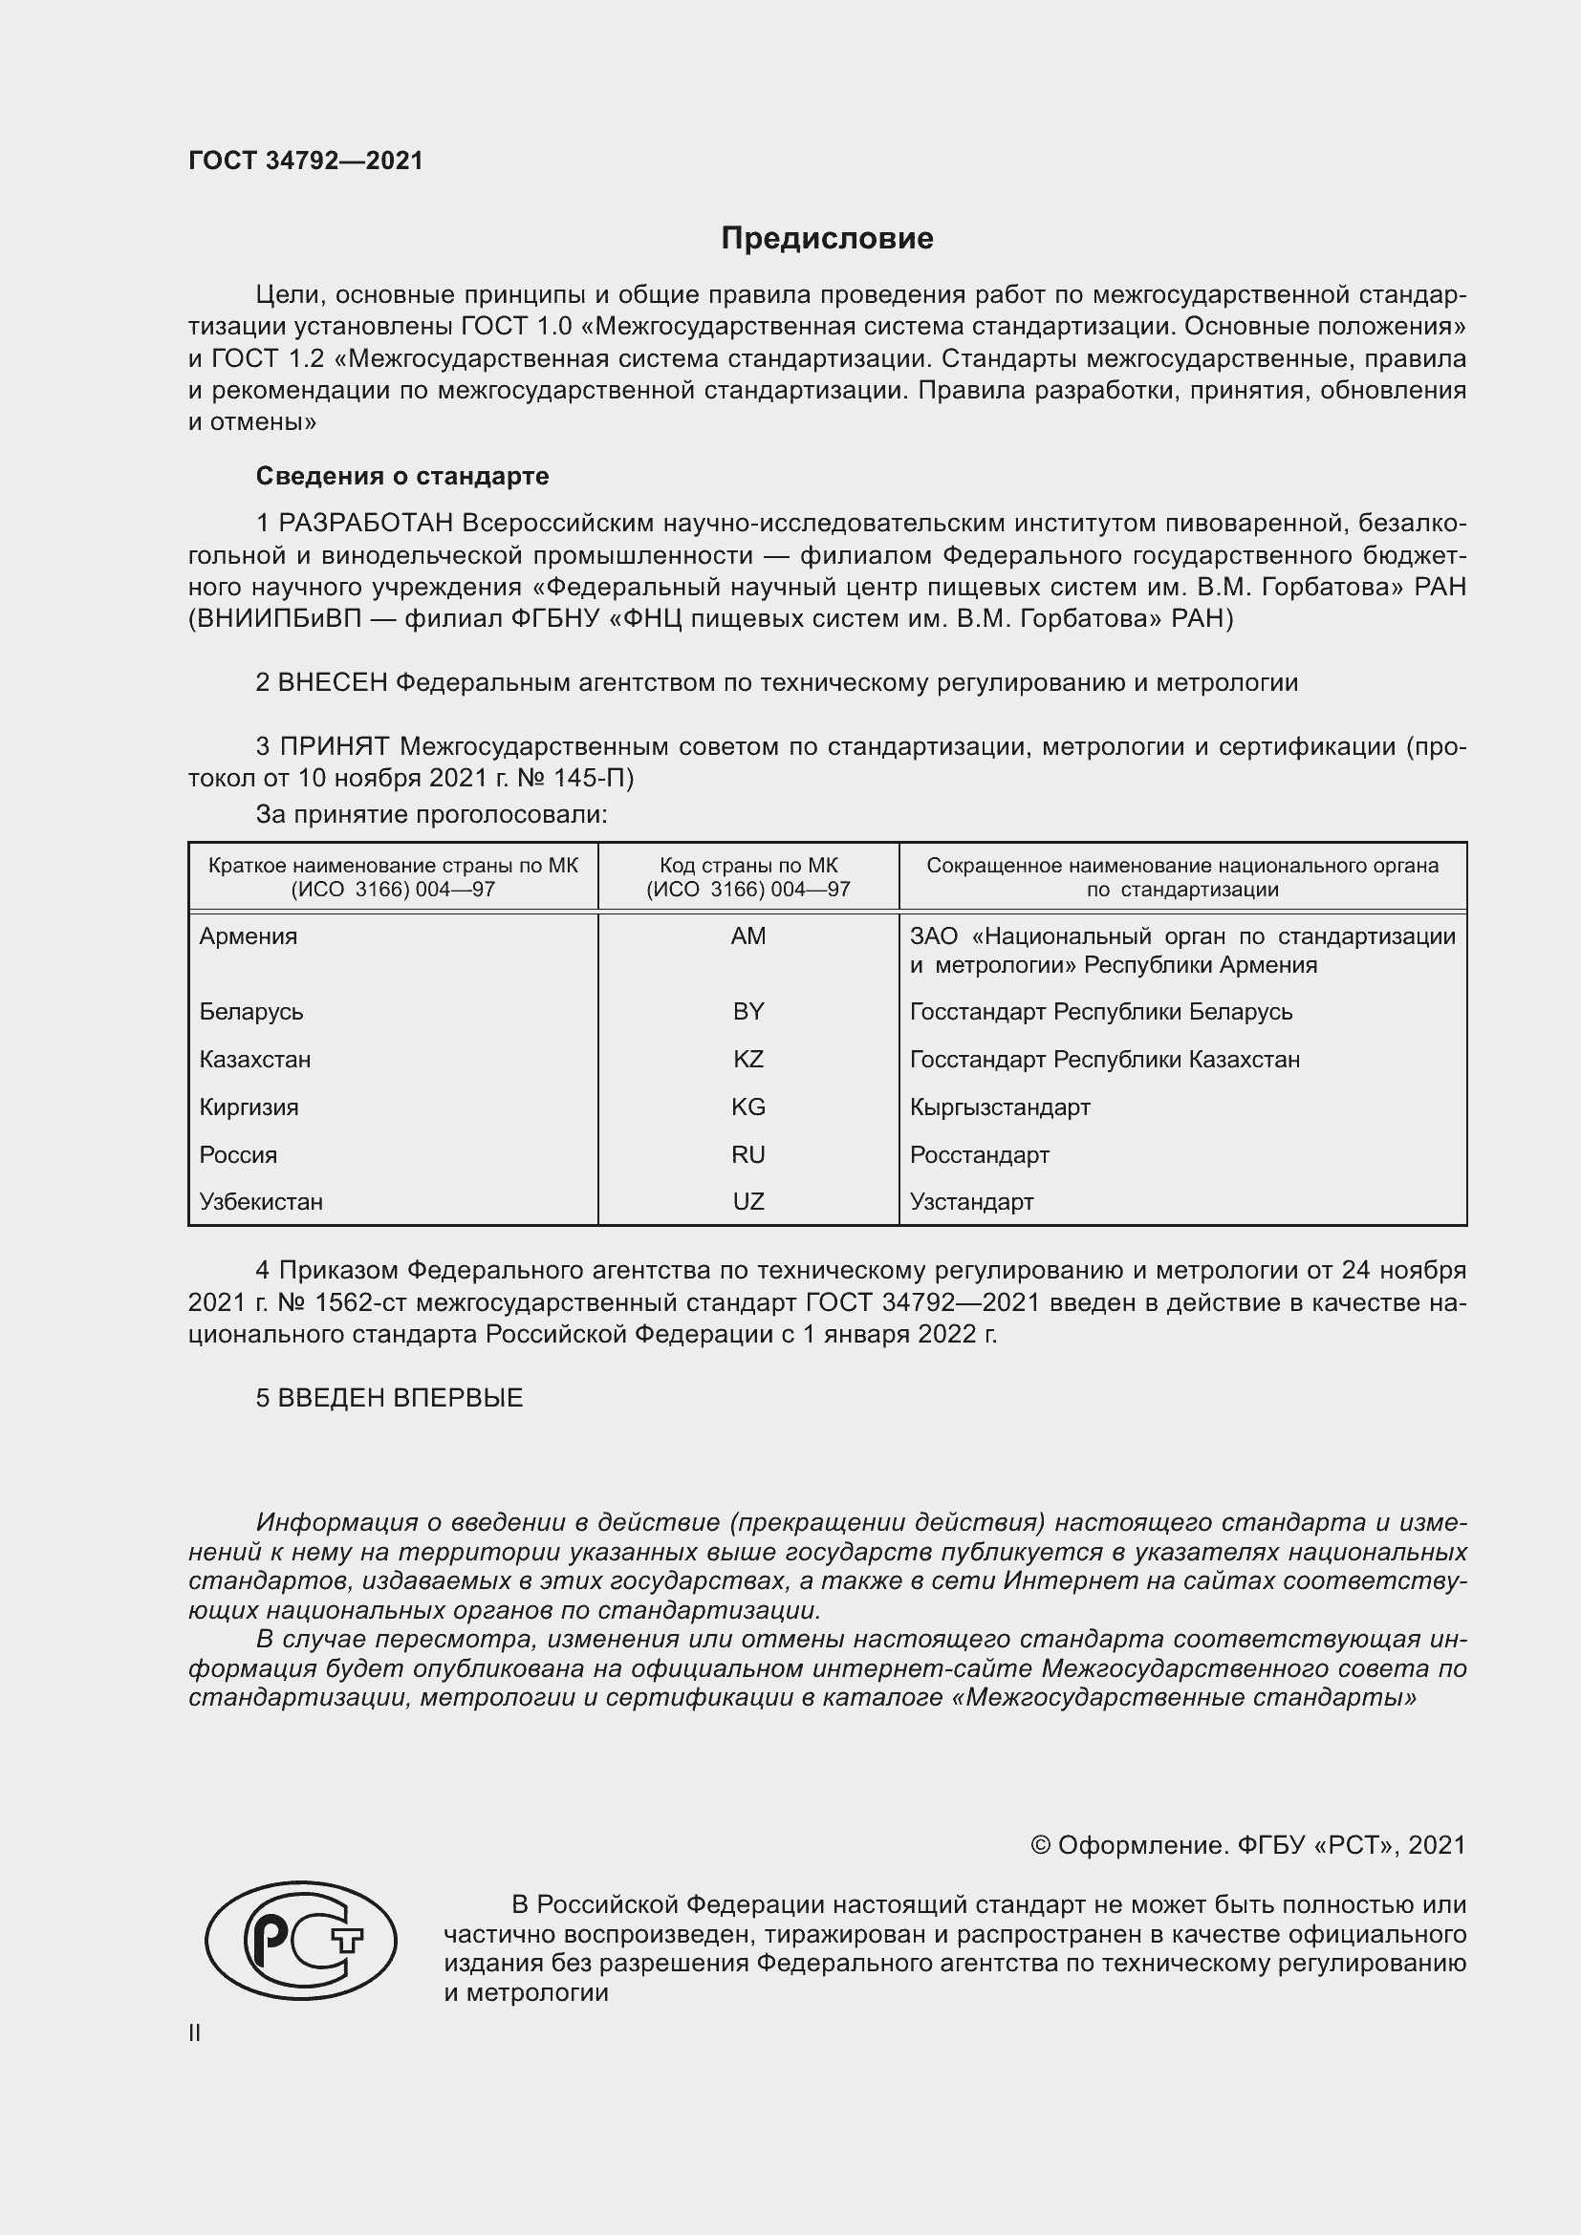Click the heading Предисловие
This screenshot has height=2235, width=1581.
pos(827,239)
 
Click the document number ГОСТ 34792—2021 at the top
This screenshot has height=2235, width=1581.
pos(306,161)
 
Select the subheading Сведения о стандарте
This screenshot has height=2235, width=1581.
pos(402,476)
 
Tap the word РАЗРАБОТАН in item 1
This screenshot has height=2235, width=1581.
pos(366,524)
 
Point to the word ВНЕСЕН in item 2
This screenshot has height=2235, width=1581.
pos(333,682)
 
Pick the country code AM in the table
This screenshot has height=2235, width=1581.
pos(747,936)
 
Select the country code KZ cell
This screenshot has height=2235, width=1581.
pos(747,1059)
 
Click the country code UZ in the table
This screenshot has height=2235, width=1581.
pos(747,1201)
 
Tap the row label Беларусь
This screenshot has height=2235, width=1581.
pos(251,1011)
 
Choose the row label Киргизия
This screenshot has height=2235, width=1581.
pos(249,1107)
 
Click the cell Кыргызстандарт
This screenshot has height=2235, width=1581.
pos(1000,1107)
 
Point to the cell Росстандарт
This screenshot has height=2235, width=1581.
pos(980,1154)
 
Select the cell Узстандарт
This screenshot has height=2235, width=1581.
pos(971,1201)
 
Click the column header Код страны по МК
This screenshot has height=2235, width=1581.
pos(747,866)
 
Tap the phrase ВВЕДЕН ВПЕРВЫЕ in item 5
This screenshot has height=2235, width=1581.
pos(401,1398)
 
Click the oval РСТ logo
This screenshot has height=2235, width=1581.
pos(301,1941)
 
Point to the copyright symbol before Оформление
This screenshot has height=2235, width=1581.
pos(1040,1844)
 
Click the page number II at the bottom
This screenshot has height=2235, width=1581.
pos(195,2032)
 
